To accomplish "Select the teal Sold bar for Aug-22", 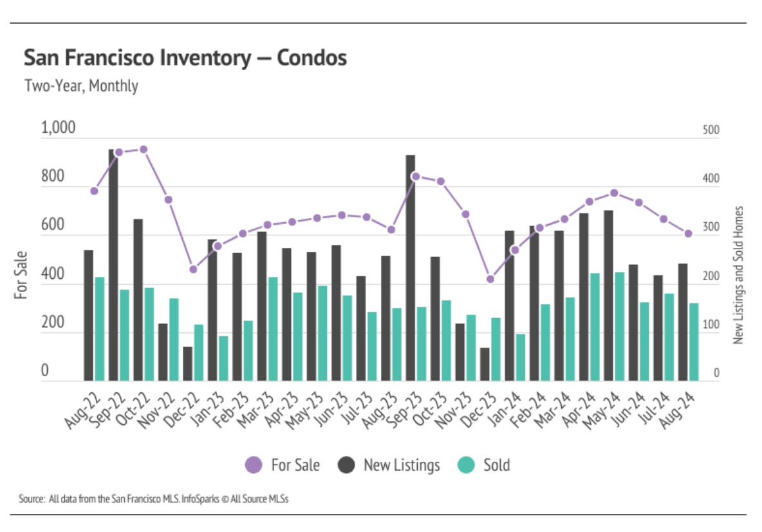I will (100, 329).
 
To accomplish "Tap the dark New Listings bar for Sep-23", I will (411, 268).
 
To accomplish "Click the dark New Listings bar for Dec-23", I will (485, 365).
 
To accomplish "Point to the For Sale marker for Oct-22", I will (144, 149).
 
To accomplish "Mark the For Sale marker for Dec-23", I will (490, 279).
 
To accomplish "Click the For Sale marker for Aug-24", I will (688, 233).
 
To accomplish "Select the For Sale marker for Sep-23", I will (416, 176).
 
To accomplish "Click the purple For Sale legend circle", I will (254, 465).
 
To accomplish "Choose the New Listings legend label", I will (402, 465).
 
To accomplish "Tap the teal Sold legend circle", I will (467, 465).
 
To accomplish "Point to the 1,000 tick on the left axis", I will (59, 128).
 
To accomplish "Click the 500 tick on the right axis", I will (711, 130).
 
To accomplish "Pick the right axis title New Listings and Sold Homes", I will (739, 275).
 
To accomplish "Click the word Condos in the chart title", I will (312, 58).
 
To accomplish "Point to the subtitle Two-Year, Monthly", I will (81, 86).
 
